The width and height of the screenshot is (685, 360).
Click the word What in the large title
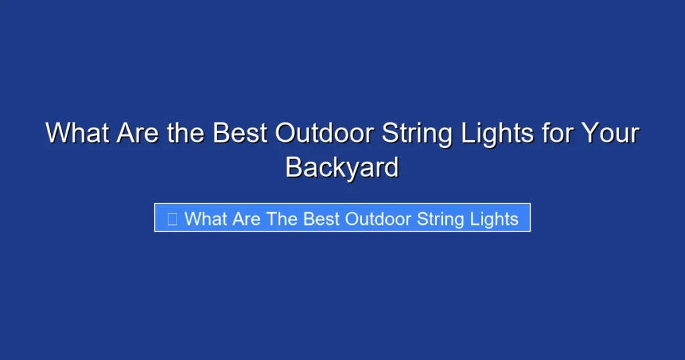click(x=78, y=133)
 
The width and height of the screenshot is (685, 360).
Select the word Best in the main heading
click(x=240, y=133)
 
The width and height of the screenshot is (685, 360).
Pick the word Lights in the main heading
click(x=497, y=134)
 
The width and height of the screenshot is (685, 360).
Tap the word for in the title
click(x=557, y=133)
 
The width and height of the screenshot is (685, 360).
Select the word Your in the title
click(x=610, y=133)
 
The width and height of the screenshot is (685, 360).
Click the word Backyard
click(x=342, y=167)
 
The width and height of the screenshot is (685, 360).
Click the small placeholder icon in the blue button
click(x=172, y=219)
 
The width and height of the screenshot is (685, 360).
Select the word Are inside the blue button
click(x=246, y=219)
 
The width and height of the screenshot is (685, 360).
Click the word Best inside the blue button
click(x=321, y=219)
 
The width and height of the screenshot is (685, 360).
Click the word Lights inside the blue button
click(x=494, y=219)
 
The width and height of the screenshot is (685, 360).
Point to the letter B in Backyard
click(x=294, y=167)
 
